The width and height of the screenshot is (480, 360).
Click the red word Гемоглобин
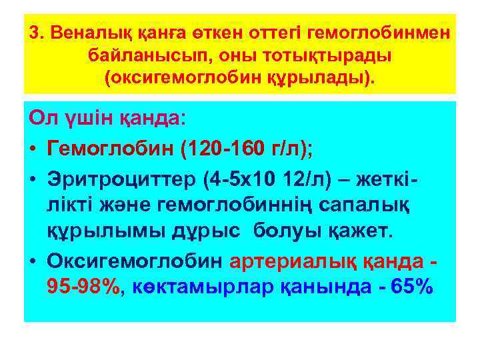click(112, 147)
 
